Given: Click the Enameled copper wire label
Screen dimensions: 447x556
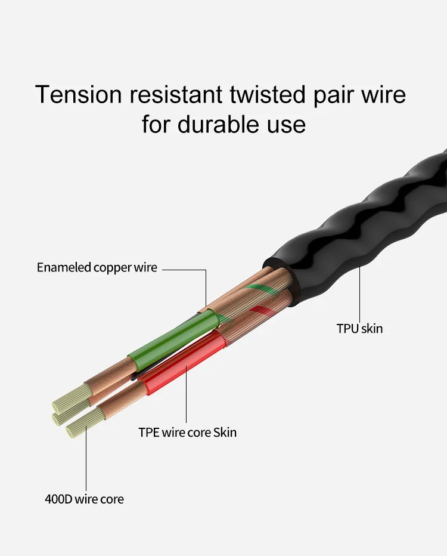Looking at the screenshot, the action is pyautogui.click(x=97, y=267).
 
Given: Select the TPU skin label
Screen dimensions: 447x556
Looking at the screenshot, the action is pyautogui.click(x=359, y=328).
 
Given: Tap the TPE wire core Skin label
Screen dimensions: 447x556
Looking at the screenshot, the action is pyautogui.click(x=187, y=432).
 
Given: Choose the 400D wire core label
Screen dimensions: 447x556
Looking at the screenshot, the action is pyautogui.click(x=85, y=499).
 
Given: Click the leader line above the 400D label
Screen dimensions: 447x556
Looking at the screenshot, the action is pyautogui.click(x=86, y=459).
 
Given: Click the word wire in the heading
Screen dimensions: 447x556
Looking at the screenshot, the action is pyautogui.click(x=384, y=95).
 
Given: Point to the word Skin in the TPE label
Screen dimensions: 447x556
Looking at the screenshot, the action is pyautogui.click(x=225, y=432).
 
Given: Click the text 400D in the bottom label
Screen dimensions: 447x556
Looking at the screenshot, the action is pyautogui.click(x=58, y=499).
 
